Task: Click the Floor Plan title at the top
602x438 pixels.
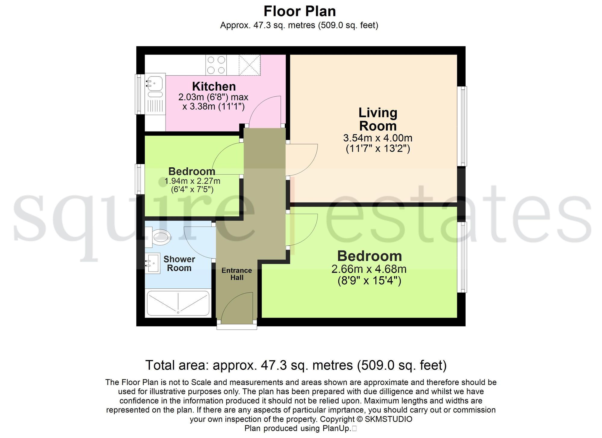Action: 299,11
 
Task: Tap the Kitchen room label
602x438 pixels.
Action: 214,86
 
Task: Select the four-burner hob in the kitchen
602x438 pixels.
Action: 216,65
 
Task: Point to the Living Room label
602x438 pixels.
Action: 378,119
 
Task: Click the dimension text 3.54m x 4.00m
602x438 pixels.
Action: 378,138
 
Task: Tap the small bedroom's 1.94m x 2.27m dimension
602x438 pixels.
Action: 192,181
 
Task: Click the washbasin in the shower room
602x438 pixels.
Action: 153,263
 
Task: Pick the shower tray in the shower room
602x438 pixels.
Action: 178,303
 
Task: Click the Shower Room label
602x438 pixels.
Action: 179,264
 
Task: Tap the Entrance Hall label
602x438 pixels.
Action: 237,274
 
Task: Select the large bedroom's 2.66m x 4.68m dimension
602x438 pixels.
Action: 369,269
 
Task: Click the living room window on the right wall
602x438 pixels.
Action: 462,126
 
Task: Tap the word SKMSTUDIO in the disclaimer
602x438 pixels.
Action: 389,419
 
